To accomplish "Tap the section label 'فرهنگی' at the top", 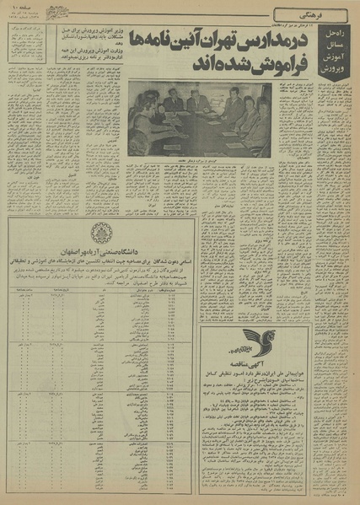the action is pyautogui.click(x=330, y=13).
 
